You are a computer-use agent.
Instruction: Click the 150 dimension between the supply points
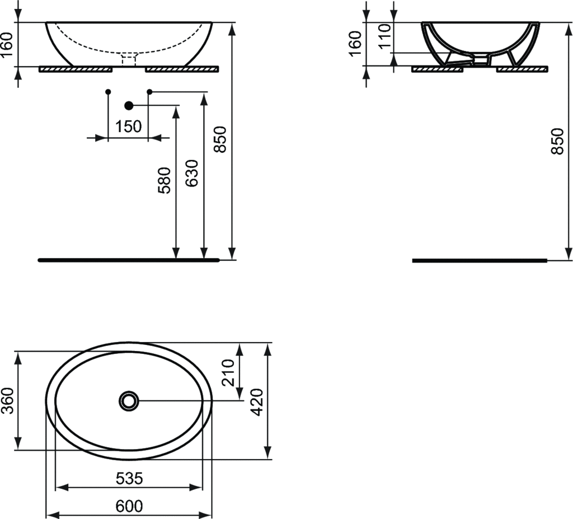point(128,127)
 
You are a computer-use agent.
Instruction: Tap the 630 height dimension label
point(192,173)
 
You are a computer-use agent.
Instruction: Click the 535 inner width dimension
point(129,478)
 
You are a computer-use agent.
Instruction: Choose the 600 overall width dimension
point(129,506)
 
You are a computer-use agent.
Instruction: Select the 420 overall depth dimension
point(257,401)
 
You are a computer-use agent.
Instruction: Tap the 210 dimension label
point(228,373)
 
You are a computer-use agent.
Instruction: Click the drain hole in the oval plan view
point(129,401)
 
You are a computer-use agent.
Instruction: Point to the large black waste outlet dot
point(129,105)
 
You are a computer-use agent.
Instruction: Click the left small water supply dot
point(108,91)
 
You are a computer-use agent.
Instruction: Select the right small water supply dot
point(149,91)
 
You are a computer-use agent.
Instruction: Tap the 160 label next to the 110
point(355,44)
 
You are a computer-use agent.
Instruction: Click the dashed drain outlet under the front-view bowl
point(129,59)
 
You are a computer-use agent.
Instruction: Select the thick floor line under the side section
point(480,260)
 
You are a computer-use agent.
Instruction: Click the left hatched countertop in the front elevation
point(76,69)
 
